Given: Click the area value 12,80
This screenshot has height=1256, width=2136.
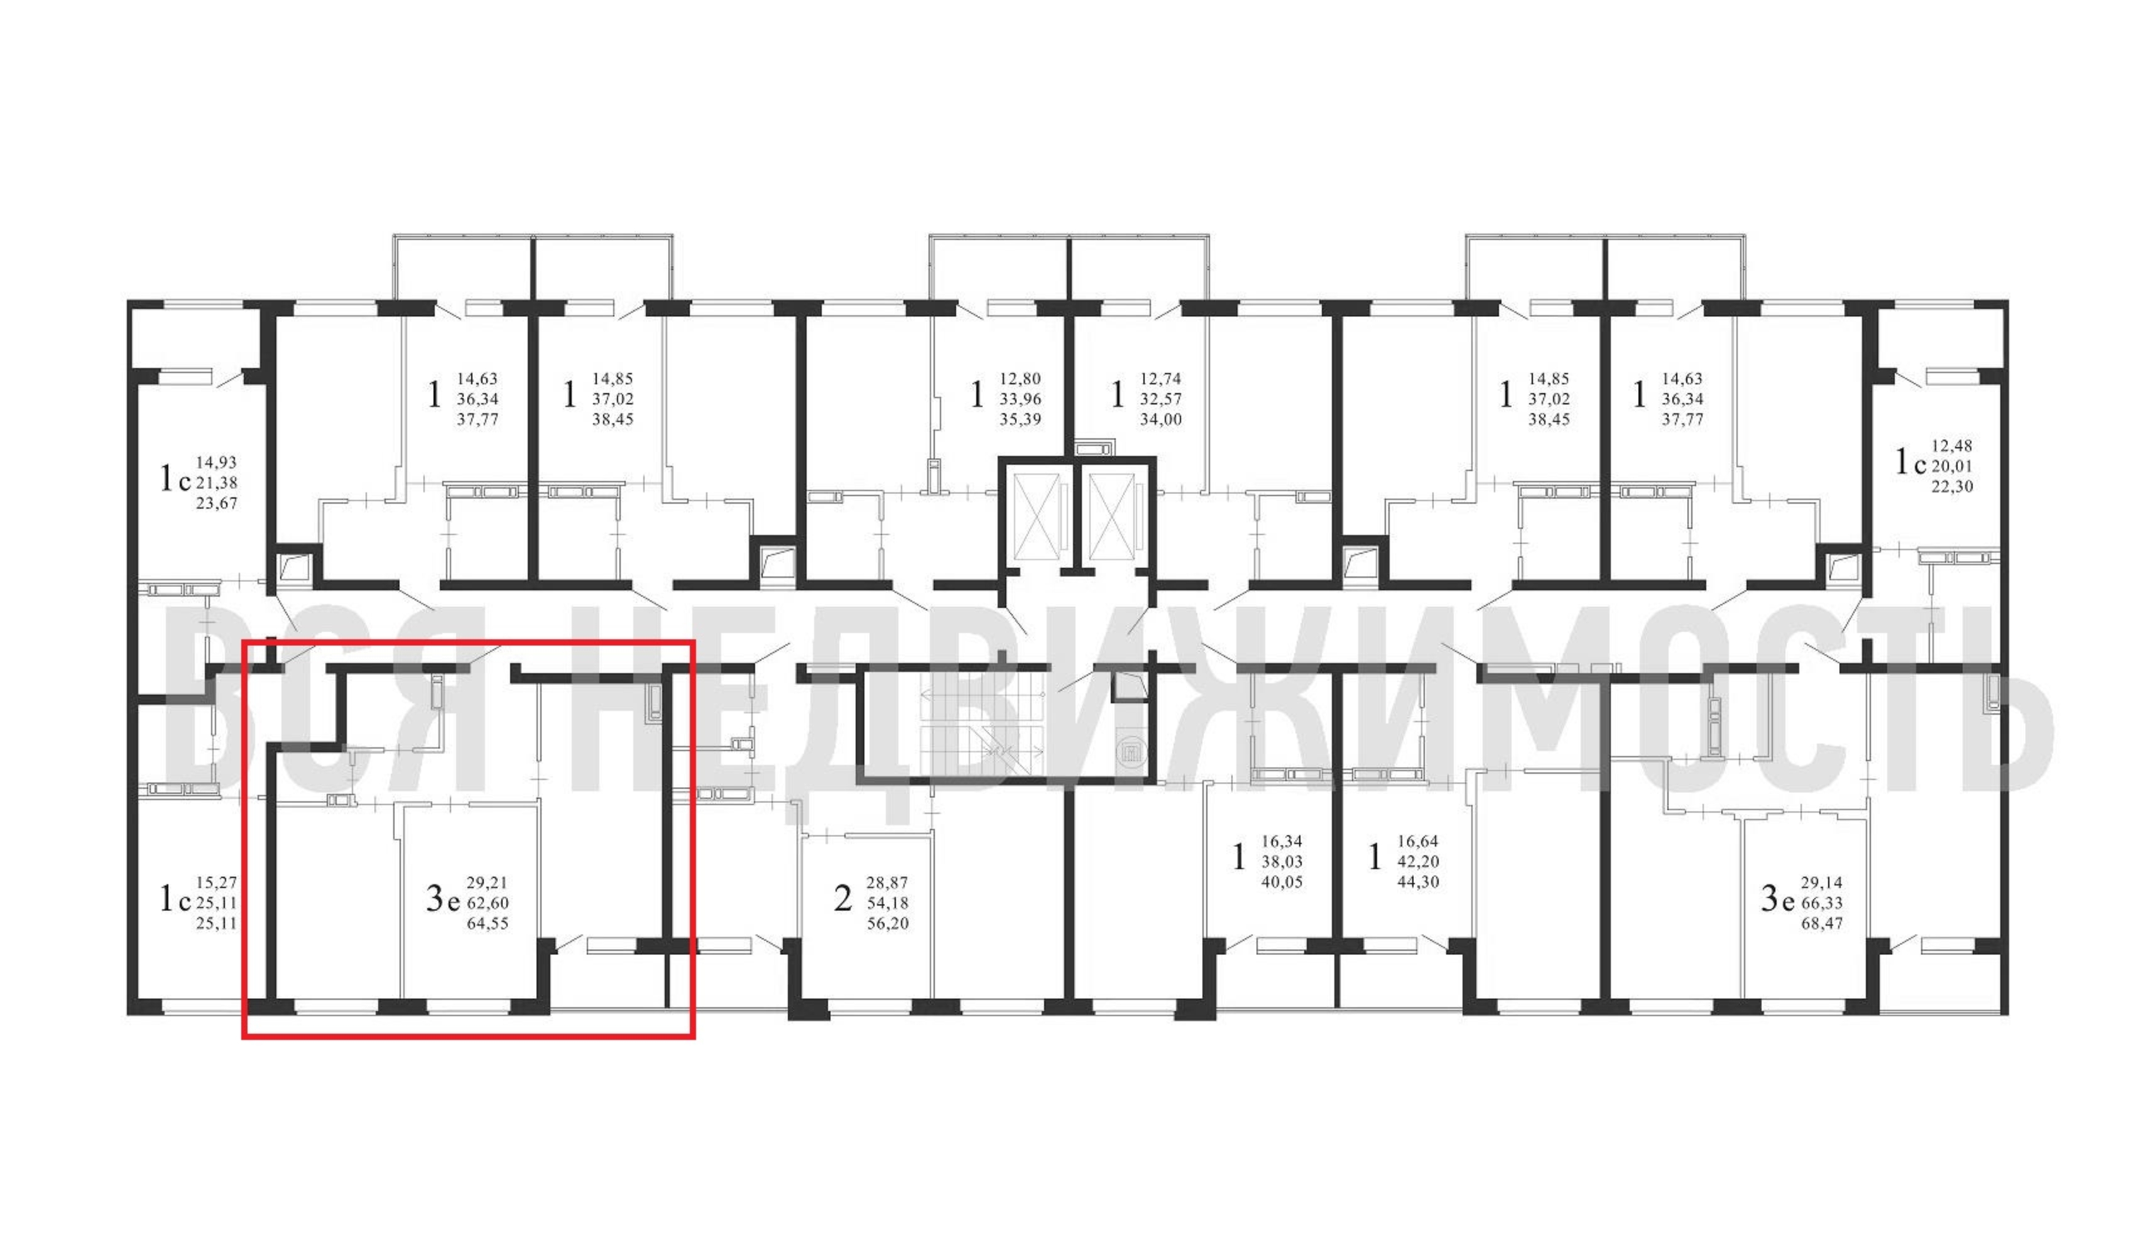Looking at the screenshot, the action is coord(1020,379).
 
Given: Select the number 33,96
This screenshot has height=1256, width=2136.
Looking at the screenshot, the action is coord(1020,399).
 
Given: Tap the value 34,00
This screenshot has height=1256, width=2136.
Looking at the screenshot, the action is coord(1160,420).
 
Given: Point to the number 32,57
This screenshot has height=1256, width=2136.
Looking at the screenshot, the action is coord(1160,399).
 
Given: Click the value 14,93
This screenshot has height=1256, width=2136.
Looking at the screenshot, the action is coord(216,463).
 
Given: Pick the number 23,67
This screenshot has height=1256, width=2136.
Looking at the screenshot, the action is coord(216,504).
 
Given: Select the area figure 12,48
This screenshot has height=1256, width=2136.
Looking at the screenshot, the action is coord(1952,446).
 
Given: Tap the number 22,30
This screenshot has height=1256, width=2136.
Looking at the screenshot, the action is coord(1952,487).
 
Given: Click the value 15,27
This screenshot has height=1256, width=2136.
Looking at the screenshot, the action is coord(216,882).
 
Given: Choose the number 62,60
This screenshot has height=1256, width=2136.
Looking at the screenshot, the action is coord(488,904).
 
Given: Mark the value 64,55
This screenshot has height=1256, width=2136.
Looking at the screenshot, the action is coord(488,924).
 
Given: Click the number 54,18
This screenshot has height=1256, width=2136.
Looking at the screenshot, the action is coord(888,904).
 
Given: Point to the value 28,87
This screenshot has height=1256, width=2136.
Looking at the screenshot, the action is coord(888,883).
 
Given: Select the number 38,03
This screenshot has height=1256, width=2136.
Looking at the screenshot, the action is coord(1282,862).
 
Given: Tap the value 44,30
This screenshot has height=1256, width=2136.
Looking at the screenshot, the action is coord(1418,882).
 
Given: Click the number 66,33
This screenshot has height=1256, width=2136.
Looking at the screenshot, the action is coord(1823,904).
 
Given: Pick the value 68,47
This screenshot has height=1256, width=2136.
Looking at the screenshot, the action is coord(1823,924).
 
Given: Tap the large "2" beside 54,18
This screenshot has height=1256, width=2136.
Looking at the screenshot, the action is coord(842,898).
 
